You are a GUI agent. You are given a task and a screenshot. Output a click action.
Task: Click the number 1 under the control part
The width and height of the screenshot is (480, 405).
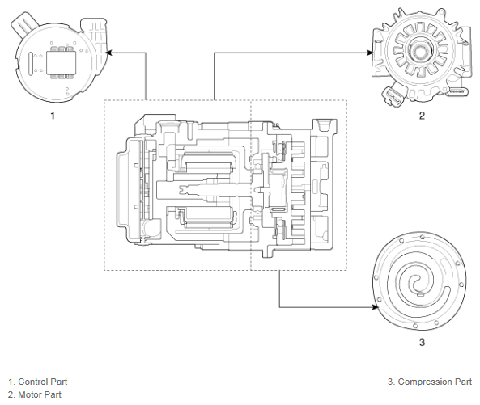[x=53, y=116]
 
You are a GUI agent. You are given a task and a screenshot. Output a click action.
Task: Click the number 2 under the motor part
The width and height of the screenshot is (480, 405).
[x=422, y=116]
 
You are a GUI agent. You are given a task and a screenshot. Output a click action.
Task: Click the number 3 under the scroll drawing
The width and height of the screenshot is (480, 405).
[x=422, y=342]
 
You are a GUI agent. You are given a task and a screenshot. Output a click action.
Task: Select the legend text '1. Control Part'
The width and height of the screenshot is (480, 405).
[x=38, y=382]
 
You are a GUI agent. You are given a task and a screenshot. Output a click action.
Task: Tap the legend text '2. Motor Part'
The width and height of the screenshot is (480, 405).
[x=35, y=394]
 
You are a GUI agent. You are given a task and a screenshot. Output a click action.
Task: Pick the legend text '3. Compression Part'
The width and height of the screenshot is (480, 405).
[x=430, y=382]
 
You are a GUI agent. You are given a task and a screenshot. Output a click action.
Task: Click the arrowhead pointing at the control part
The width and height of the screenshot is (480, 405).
[x=108, y=53]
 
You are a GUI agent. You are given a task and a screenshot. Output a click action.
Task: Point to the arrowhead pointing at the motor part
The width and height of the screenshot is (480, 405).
[x=370, y=53]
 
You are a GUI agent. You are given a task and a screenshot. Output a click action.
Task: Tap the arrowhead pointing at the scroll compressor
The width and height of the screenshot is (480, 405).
[x=375, y=307]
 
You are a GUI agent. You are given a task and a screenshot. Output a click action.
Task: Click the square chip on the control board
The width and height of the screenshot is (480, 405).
[x=62, y=63]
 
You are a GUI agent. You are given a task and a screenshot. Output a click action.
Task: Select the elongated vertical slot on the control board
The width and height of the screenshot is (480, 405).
[x=31, y=64]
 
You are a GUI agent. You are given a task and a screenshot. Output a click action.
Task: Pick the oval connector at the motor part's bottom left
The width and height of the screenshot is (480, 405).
[x=393, y=96]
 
